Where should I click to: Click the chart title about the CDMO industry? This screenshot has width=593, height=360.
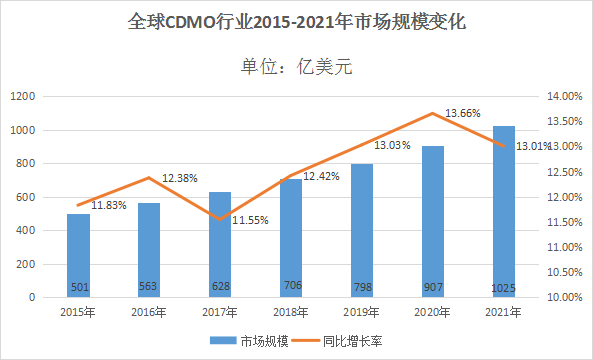click(x=298, y=21)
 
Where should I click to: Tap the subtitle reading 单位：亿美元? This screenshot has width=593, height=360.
click(x=297, y=68)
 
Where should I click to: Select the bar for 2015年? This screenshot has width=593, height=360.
click(x=78, y=255)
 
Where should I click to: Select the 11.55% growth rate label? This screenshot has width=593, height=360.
click(x=250, y=220)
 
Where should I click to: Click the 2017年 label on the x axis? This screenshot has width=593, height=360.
click(x=220, y=313)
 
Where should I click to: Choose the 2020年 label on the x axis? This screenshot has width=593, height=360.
click(x=432, y=313)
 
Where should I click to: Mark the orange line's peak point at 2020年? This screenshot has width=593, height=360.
click(x=432, y=113)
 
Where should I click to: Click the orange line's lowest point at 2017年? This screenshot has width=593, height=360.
click(x=220, y=219)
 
